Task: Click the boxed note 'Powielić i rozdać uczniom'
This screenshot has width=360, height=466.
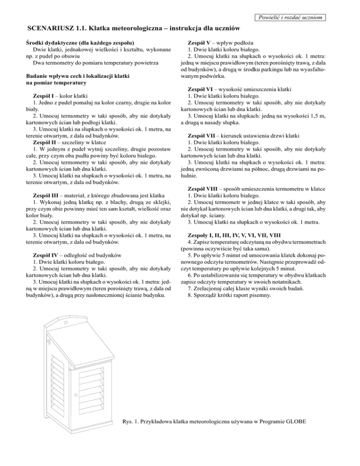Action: [x=288, y=17]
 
